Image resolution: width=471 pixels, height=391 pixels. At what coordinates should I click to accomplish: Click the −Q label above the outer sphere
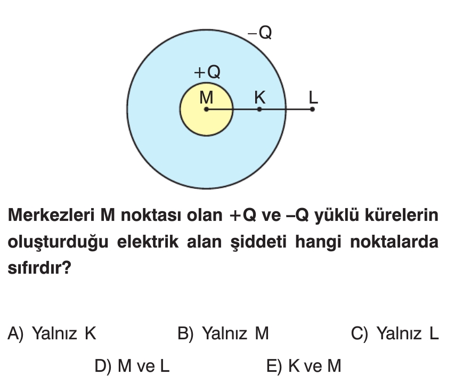[260, 33]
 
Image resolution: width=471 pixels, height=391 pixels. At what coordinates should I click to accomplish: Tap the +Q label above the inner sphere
[207, 71]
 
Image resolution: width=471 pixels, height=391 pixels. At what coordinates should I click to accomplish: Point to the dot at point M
[206, 109]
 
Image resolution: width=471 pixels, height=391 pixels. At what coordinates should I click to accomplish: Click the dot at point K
[259, 109]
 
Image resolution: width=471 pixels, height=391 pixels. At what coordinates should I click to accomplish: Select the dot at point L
[312, 109]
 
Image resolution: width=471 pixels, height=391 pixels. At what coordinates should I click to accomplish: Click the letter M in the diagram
[206, 97]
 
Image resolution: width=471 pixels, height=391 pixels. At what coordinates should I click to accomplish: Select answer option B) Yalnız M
[223, 334]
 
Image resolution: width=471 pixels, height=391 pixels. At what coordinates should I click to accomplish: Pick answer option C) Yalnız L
[395, 334]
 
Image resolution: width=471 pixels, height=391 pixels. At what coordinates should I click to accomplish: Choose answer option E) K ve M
[304, 366]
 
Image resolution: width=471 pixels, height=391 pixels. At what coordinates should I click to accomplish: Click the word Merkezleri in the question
[50, 216]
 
